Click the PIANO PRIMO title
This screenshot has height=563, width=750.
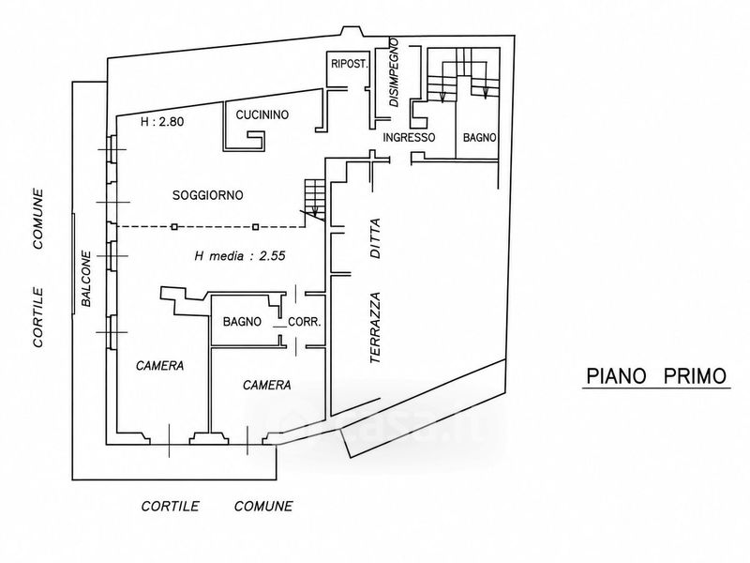[656, 376]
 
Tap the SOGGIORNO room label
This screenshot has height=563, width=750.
[207, 195]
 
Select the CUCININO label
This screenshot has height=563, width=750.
[262, 114]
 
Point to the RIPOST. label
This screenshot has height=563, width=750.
[350, 64]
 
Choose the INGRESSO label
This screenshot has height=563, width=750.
[409, 138]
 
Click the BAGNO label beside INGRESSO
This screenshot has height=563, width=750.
[479, 138]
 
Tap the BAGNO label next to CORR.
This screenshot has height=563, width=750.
[242, 322]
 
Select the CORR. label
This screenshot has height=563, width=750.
[304, 322]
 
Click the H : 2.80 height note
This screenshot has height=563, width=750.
[162, 122]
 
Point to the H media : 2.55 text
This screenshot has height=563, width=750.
[240, 256]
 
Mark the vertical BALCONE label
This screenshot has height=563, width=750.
[86, 279]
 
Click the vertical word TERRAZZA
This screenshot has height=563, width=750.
[376, 327]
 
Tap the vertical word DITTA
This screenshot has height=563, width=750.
[376, 238]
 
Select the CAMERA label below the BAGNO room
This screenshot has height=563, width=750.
[267, 386]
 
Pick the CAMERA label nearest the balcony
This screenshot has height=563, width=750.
[159, 366]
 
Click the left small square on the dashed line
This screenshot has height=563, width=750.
[174, 226]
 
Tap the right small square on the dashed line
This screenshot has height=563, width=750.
[255, 226]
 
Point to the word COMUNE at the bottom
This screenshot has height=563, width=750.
[263, 506]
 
